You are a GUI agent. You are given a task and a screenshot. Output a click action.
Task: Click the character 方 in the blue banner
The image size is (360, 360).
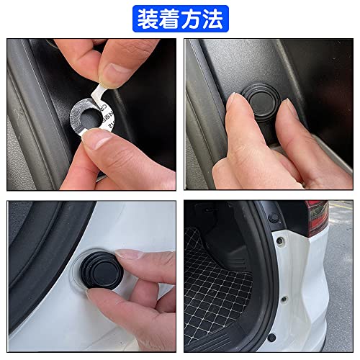[192, 17]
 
